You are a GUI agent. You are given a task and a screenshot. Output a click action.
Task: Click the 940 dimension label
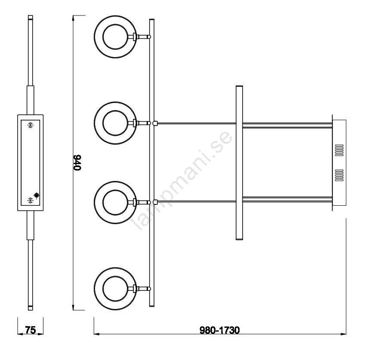[x=77, y=162]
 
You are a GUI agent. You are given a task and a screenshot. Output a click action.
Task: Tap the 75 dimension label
[x=31, y=330]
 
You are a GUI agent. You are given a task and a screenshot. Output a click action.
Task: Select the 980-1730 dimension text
[x=219, y=330]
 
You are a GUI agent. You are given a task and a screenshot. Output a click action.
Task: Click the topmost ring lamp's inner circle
[x=103, y=37]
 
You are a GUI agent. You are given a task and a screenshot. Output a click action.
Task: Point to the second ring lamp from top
[x=94, y=123]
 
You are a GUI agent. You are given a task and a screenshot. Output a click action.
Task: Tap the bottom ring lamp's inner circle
[x=103, y=289]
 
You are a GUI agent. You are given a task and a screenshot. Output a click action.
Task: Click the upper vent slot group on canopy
[x=339, y=150]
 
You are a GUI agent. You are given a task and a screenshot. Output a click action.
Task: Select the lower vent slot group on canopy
[x=339, y=175]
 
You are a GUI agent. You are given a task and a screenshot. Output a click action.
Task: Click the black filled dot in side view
[x=37, y=195]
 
